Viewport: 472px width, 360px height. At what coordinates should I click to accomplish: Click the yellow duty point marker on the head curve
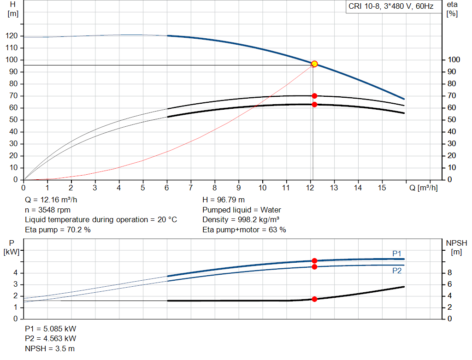[x=314, y=64]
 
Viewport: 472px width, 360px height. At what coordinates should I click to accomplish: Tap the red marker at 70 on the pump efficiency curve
[x=314, y=96]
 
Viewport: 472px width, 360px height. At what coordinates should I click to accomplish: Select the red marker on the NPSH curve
[x=314, y=299]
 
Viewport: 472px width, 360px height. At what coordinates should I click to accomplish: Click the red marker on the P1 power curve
[x=314, y=261]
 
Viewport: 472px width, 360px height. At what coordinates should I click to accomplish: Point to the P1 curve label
[x=397, y=254]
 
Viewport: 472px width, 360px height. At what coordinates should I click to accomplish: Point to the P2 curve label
[x=397, y=271]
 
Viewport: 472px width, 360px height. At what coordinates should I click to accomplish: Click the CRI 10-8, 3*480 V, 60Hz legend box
[x=391, y=7]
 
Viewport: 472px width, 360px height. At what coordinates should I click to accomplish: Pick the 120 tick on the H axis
[x=12, y=36]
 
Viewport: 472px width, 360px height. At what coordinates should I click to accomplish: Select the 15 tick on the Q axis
[x=382, y=188]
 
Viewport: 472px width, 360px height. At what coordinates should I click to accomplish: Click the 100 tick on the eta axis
[x=454, y=60]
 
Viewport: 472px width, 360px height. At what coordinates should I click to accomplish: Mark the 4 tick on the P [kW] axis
[x=15, y=273]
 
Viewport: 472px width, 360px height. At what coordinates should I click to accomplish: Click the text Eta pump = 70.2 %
[x=58, y=230]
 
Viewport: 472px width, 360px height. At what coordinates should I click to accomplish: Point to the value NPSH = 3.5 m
[x=50, y=348]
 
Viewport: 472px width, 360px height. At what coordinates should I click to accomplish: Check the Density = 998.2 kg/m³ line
[x=241, y=220]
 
